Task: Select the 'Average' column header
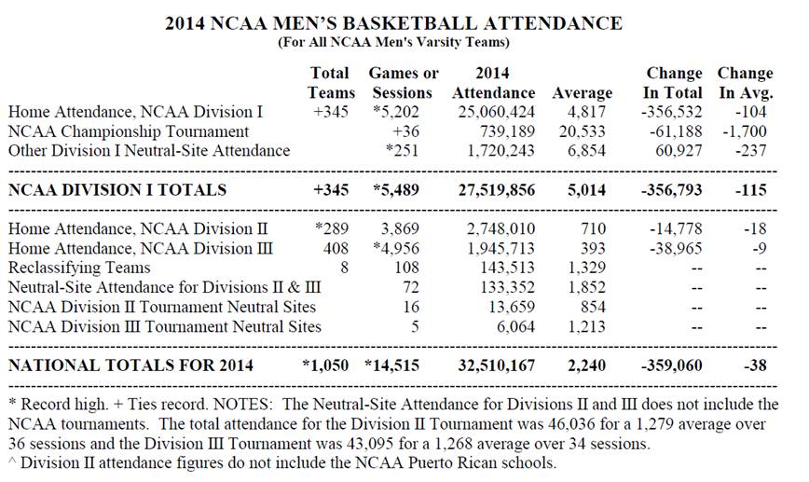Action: [582, 92]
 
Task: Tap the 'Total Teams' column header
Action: [332, 82]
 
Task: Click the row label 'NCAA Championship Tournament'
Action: [128, 131]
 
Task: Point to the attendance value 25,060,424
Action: [494, 112]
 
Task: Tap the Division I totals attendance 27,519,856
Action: [494, 190]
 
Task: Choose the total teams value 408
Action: [340, 248]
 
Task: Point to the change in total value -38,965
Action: [673, 248]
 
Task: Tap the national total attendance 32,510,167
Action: [494, 365]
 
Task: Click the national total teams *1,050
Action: [330, 365]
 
